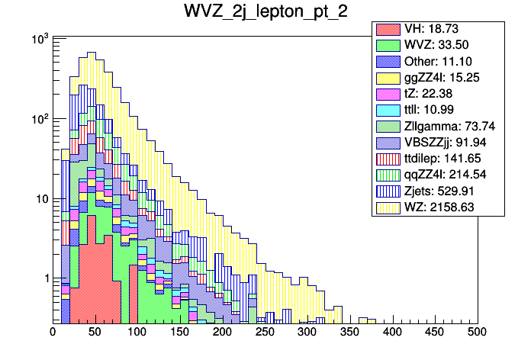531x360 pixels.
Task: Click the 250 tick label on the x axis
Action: click(265, 332)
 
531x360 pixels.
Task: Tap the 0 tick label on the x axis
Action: click(53, 332)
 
